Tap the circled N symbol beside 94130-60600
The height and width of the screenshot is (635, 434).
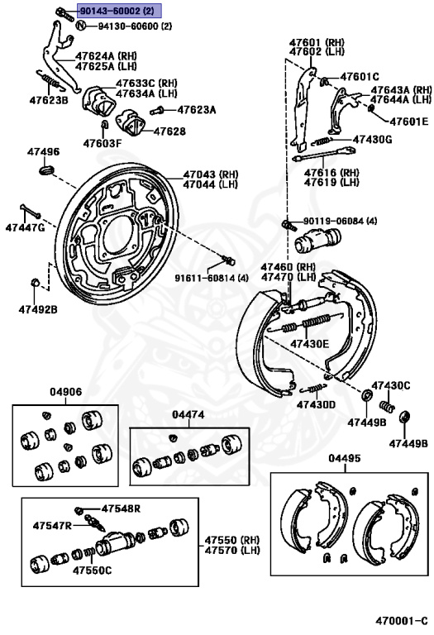[81, 26]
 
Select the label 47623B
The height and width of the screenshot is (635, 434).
[49, 99]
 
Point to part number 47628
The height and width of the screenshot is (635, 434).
[170, 131]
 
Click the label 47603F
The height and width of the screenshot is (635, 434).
[102, 143]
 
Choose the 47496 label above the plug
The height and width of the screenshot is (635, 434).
[43, 152]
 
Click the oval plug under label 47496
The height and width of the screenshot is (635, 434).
[46, 169]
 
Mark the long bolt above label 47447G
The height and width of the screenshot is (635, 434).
[30, 211]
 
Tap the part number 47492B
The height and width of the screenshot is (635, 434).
[38, 310]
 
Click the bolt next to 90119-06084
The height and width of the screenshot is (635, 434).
[287, 223]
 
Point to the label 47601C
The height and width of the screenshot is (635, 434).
[360, 76]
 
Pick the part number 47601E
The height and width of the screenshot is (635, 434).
[409, 121]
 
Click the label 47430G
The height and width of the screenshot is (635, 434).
[373, 139]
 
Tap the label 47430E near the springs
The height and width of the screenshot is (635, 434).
[310, 344]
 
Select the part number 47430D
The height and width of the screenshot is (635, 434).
[316, 404]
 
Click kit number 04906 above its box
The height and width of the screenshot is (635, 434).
[65, 392]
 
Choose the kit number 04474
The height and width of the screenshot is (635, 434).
[188, 414]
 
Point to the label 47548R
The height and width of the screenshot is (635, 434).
[121, 508]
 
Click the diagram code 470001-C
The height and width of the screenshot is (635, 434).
[401, 620]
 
